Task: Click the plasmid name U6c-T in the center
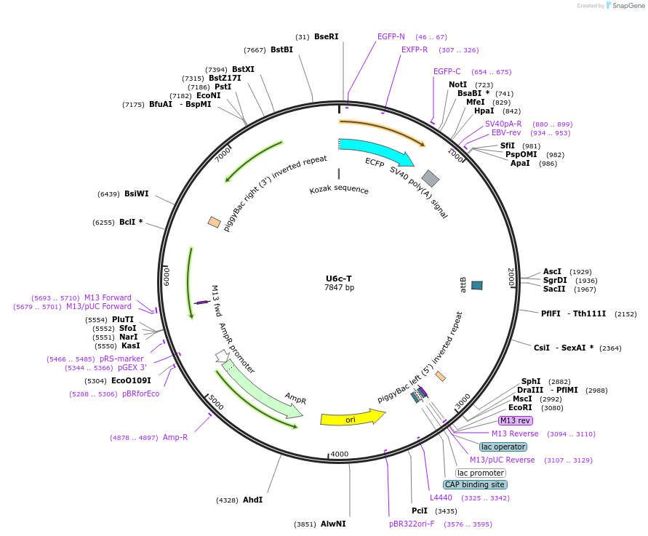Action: pos(339,279)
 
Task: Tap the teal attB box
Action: pos(477,285)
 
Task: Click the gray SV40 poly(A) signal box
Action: pos(431,178)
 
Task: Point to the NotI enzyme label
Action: pos(458,84)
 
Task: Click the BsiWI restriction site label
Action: pos(137,193)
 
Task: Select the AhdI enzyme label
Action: pos(253,500)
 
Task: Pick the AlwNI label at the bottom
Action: pos(333,524)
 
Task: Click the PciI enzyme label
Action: pos(420,511)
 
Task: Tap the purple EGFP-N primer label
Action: pos(391,36)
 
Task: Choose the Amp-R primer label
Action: pos(175,437)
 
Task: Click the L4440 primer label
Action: pos(441,497)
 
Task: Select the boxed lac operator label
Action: pos(503,447)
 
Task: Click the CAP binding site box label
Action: pos(475,484)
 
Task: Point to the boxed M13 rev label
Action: pos(515,420)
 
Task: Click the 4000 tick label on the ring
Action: pos(340,455)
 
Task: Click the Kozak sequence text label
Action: pos(339,191)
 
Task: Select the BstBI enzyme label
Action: pos(281,49)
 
